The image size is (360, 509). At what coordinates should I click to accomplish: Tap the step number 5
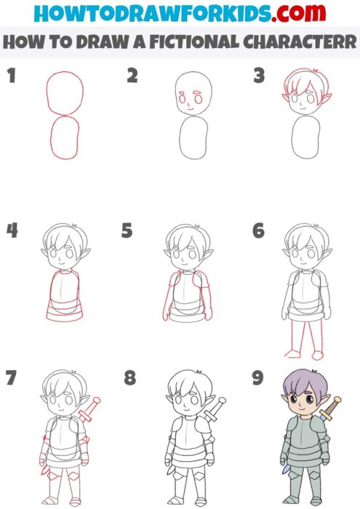click(127, 231)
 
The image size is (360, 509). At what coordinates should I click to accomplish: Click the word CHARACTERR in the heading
click(298, 42)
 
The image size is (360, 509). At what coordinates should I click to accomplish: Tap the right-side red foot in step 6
click(319, 355)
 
